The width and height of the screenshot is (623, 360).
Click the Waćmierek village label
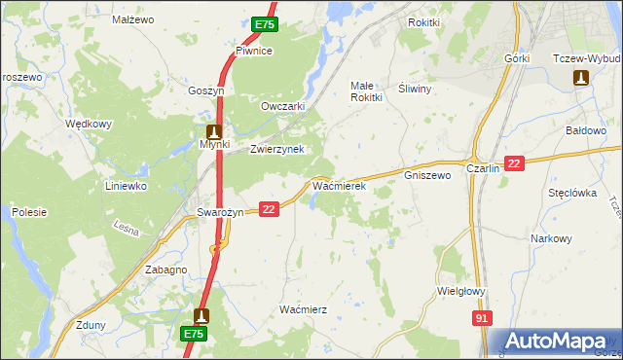(338, 184)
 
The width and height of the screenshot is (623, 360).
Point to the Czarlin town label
(483, 167)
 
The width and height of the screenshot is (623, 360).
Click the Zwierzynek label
(277, 149)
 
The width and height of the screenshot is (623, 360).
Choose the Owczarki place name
(283, 106)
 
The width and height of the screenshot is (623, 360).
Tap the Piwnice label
(253, 51)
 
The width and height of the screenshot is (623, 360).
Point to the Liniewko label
(126, 185)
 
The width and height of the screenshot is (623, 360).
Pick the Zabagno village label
(165, 270)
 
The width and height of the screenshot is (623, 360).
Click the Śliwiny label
(416, 87)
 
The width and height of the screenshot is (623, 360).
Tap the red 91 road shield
(483, 318)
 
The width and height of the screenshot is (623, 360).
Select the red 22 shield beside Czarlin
(515, 164)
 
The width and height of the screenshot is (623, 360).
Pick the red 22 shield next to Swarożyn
(270, 208)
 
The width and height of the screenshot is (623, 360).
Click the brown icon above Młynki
(215, 130)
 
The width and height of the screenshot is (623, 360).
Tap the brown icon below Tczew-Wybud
(582, 77)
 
